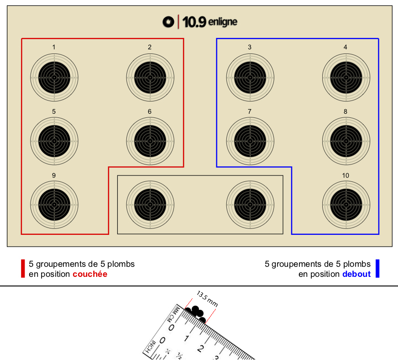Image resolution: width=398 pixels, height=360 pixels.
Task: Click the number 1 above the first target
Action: [x=54, y=47]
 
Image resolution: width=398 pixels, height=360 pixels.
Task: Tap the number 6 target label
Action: [x=150, y=111]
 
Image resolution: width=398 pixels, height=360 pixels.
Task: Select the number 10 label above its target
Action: [x=346, y=175]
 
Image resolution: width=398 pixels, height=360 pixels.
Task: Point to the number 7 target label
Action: [x=250, y=111]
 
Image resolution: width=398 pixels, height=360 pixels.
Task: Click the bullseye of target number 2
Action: [x=150, y=78]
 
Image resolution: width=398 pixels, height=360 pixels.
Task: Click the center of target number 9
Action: [x=54, y=205]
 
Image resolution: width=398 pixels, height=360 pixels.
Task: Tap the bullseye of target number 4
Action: [x=346, y=78]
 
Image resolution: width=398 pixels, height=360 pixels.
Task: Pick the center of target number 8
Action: [x=346, y=141]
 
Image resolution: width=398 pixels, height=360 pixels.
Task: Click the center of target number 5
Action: [x=54, y=141]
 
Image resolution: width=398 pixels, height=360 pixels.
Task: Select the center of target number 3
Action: [x=250, y=78]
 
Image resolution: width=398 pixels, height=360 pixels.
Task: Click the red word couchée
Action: [x=90, y=274]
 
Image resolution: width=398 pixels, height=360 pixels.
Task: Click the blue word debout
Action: [x=356, y=274]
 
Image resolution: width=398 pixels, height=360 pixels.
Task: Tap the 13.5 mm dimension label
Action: [x=207, y=299]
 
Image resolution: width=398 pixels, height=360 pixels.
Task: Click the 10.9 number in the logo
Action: [x=194, y=22]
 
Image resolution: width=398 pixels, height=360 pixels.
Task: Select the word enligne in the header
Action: [x=223, y=22]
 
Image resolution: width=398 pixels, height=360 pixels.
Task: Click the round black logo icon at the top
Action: [x=168, y=22]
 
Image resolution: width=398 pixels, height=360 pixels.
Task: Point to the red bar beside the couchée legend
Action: [x=23, y=269]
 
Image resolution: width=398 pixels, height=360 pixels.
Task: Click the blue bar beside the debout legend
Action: [x=377, y=269]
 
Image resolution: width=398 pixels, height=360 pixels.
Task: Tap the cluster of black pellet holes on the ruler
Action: [x=196, y=314]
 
